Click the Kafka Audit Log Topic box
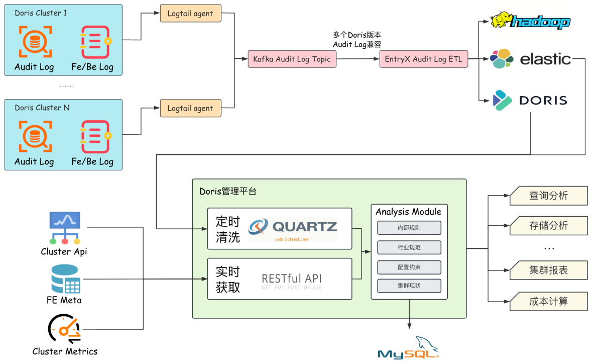click(292, 59)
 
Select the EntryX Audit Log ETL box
click(423, 59)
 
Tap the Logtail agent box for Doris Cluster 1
click(190, 14)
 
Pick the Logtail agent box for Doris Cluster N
click(190, 108)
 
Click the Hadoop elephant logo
click(530, 21)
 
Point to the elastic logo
click(531, 59)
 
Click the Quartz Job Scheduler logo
click(293, 229)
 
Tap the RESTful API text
click(292, 280)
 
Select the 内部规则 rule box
click(409, 228)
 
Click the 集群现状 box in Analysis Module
click(409, 286)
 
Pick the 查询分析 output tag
click(548, 196)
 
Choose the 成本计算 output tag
click(548, 301)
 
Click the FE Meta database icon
click(65, 279)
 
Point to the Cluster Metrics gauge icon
click(64, 329)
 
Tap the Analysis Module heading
click(409, 212)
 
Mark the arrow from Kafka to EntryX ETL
click(357, 59)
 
